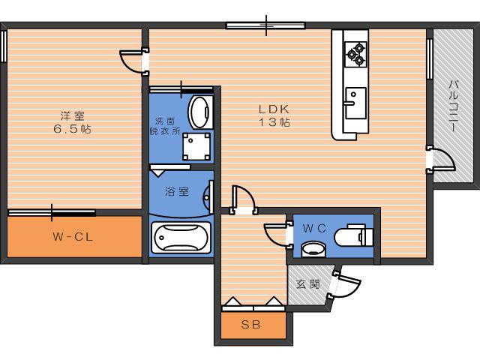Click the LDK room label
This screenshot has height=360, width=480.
point(274,115)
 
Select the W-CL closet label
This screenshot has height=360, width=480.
point(73,237)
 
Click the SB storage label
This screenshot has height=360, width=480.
point(250,325)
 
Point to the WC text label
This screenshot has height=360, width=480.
point(314,228)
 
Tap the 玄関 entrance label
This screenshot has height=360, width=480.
point(308,284)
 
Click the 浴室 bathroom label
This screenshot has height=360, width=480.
point(177,192)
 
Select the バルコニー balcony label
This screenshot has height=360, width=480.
point(454,106)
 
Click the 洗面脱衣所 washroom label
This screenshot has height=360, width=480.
point(165,126)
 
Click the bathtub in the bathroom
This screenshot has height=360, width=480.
point(181,238)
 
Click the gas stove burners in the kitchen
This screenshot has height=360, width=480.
point(355,54)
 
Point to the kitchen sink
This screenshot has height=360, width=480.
point(355,103)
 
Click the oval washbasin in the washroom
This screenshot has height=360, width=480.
point(200,112)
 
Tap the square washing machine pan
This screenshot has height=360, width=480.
point(196,146)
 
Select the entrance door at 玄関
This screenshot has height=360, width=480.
point(345,284)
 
